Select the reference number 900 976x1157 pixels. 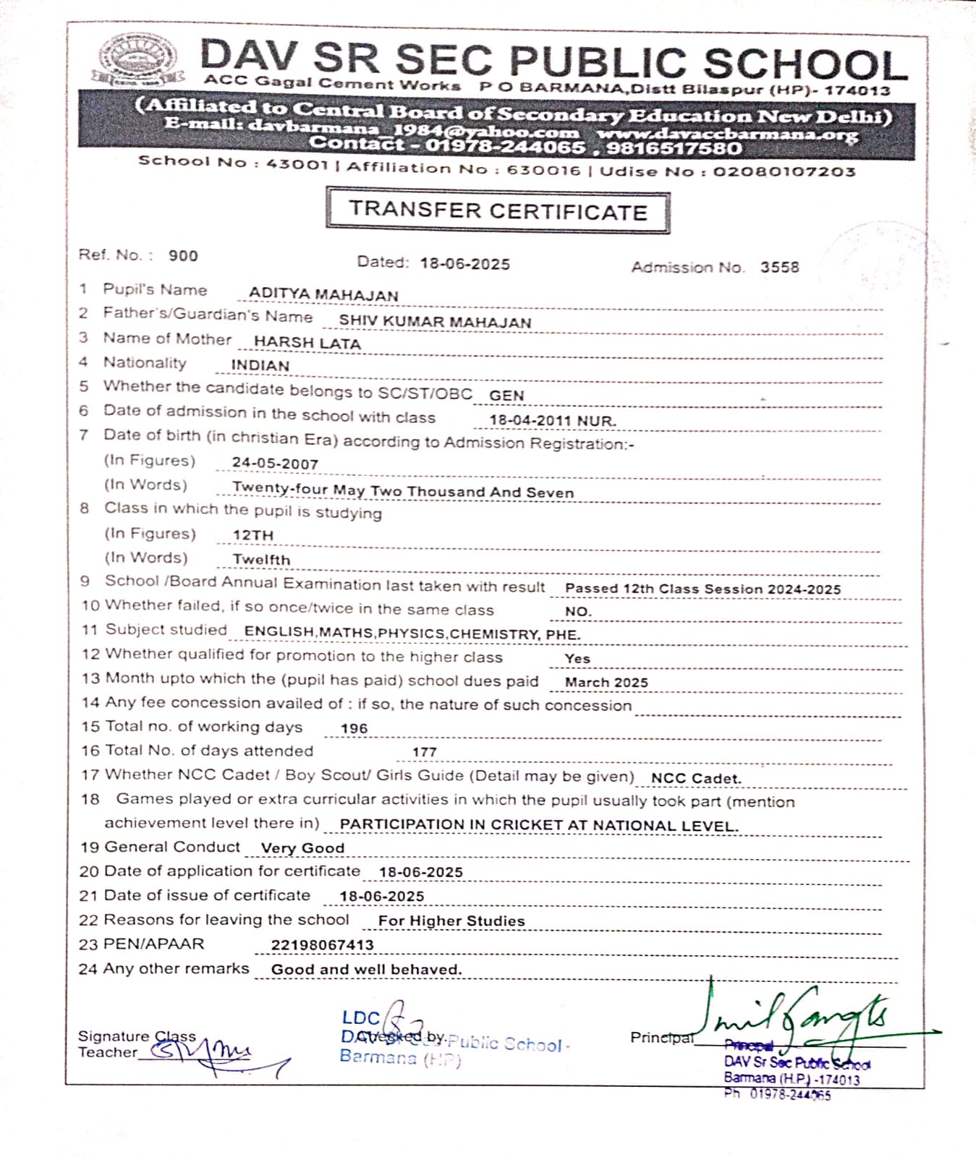click(x=183, y=255)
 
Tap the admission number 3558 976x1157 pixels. click(x=779, y=267)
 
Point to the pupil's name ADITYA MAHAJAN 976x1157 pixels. click(x=323, y=295)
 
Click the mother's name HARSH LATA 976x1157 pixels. click(x=307, y=343)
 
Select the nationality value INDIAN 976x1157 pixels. click(x=260, y=366)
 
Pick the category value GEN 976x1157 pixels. click(x=506, y=396)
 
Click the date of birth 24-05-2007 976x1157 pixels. click(x=275, y=464)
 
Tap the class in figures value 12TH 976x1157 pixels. click(x=253, y=535)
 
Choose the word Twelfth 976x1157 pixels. click(x=261, y=560)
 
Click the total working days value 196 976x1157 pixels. click(x=354, y=728)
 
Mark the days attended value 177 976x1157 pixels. click(x=425, y=752)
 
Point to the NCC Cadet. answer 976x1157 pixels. click(x=696, y=779)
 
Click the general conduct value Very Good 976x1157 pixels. click(x=302, y=848)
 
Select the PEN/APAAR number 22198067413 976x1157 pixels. click(x=322, y=944)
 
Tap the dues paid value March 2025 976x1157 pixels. click(x=606, y=682)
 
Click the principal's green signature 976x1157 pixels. click(x=796, y=1016)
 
